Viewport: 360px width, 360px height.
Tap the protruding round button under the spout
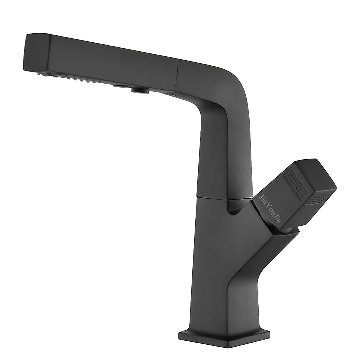click(138, 88)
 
